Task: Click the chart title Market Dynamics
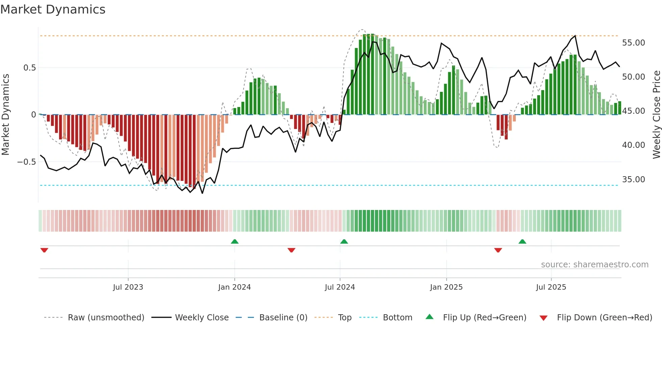[x=53, y=9]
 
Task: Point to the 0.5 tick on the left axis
[x=29, y=68]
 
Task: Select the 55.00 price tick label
[x=633, y=43]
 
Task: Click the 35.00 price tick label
[x=633, y=180]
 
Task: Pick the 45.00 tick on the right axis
[x=633, y=111]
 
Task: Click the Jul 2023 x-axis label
[x=128, y=287]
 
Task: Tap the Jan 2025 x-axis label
[x=446, y=287]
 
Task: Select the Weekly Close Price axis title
[x=656, y=115]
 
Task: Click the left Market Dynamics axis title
[x=5, y=115]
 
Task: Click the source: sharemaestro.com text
[x=594, y=265]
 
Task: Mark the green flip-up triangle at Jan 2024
[x=235, y=241]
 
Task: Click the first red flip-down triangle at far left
[x=44, y=250]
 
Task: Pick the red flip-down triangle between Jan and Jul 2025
[x=498, y=250]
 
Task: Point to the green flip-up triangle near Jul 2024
[x=344, y=241]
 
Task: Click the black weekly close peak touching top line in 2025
[x=575, y=36]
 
